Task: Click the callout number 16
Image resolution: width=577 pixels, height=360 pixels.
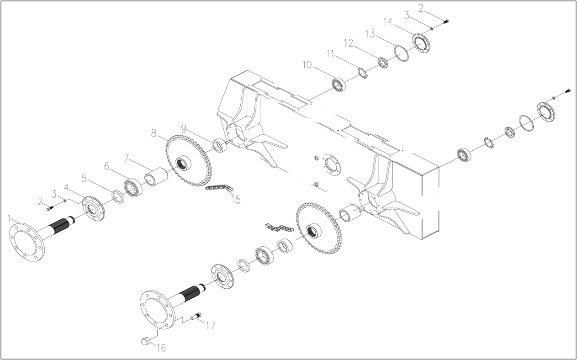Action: (x=161, y=348)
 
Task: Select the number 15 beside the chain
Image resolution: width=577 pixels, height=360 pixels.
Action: (x=236, y=200)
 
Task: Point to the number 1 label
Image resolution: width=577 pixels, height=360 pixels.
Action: (x=9, y=219)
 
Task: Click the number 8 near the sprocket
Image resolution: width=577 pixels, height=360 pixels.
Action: (x=154, y=133)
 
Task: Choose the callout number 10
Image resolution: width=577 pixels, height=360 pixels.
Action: (x=307, y=64)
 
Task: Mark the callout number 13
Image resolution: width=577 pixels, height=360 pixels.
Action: (x=370, y=34)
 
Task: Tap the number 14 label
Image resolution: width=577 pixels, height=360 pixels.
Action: (x=388, y=22)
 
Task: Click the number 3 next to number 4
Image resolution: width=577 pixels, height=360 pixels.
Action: (x=54, y=194)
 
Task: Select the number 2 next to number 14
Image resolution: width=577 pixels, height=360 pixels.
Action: (x=421, y=8)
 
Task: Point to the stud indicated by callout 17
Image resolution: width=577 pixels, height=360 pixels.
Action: (x=196, y=316)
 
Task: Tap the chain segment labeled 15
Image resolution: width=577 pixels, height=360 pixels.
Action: (x=219, y=188)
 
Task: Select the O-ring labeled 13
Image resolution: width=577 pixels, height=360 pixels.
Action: (x=402, y=53)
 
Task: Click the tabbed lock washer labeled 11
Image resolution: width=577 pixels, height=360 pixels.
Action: (x=363, y=73)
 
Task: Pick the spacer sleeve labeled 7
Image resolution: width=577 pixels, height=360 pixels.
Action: (x=156, y=177)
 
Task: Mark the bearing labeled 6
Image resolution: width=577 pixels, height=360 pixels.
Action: (x=133, y=187)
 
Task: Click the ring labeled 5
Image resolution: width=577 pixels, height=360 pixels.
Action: (x=118, y=197)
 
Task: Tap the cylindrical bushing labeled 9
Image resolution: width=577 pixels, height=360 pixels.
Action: (x=220, y=145)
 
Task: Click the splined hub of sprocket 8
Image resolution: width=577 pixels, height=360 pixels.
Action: (x=183, y=163)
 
